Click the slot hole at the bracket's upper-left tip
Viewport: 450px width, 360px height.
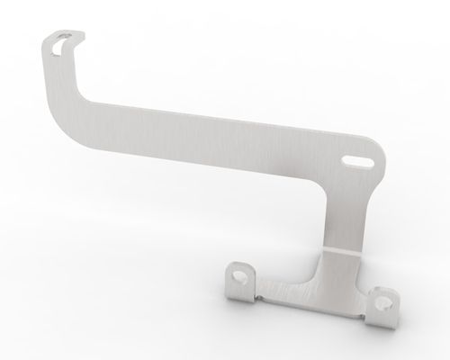pos(60,42)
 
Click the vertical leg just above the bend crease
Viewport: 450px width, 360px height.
pos(344,229)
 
